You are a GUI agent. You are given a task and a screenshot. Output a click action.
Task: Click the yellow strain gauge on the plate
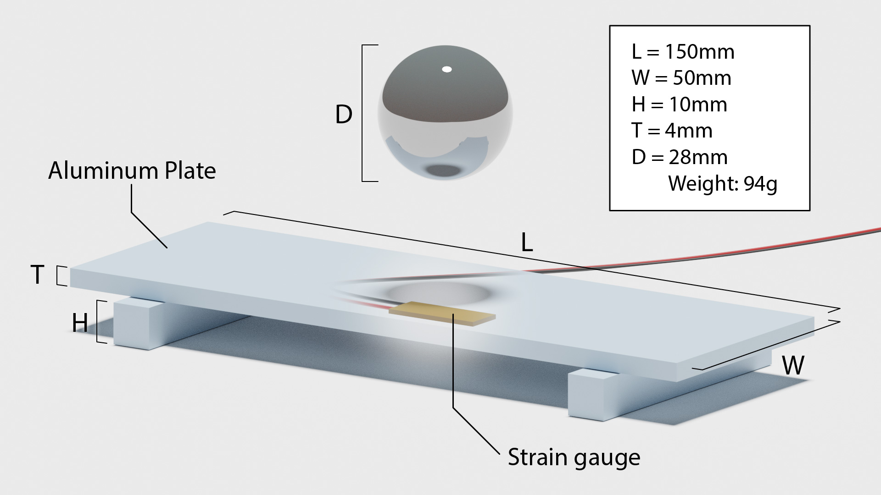point(442,313)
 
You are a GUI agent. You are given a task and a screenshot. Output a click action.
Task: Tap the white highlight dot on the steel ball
point(446,70)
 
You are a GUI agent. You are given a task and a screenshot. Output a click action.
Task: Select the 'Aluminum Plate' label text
point(132,171)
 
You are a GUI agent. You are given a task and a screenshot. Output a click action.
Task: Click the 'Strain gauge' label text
point(574,457)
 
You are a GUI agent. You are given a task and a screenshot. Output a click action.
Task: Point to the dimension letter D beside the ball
point(344,115)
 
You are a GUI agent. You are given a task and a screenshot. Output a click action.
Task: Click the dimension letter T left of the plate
point(38,275)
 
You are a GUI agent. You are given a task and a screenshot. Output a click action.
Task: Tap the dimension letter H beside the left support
point(80,323)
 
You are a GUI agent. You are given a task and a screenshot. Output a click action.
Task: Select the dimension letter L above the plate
point(527,243)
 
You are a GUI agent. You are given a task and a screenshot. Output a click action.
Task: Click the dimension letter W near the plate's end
point(793,366)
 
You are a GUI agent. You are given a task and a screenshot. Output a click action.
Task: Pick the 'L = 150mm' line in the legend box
point(682,52)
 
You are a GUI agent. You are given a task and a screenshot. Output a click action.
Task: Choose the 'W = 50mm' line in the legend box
point(681,78)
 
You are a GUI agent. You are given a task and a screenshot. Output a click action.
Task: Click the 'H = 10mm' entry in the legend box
point(679,104)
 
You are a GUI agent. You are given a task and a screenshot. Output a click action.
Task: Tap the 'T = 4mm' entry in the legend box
point(672,131)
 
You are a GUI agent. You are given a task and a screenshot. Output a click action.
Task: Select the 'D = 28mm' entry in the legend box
point(679,158)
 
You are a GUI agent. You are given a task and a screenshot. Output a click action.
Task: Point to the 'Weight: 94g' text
point(722,184)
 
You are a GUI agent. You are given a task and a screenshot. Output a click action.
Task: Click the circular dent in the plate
point(438,292)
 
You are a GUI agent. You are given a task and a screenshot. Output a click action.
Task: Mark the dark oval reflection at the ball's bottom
point(444,171)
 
